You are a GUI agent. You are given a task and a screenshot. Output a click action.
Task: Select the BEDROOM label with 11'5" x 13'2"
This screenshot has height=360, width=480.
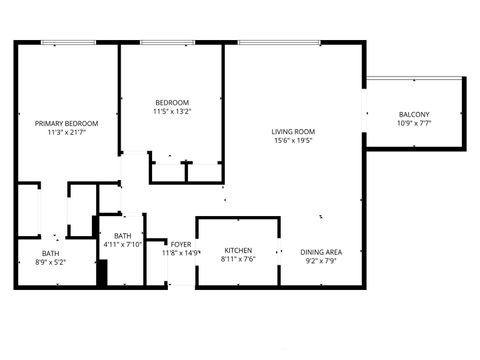(x=171, y=102)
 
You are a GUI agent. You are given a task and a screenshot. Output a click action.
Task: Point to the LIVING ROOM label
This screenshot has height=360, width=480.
(x=293, y=131)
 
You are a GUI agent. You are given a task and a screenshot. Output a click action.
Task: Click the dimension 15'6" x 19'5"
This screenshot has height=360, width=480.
(x=293, y=141)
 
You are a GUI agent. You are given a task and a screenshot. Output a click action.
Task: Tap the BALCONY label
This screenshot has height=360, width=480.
(x=413, y=114)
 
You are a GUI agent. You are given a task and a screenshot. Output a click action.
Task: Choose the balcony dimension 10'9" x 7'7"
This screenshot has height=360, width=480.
(x=413, y=124)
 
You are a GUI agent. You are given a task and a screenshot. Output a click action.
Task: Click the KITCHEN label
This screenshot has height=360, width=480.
(x=237, y=250)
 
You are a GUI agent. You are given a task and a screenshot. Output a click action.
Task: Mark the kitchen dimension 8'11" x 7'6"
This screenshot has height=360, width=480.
(x=237, y=260)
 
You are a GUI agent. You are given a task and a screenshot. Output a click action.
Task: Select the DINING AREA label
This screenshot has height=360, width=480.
(x=322, y=251)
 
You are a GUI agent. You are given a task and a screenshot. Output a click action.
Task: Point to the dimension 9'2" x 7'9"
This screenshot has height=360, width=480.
(x=322, y=261)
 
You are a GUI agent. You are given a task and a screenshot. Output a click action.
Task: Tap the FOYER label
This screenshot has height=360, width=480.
(x=181, y=244)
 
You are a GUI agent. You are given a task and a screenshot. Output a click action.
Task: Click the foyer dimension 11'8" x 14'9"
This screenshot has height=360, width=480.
(x=181, y=254)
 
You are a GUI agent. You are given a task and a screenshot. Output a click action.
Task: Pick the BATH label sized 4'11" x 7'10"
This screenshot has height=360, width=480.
(x=122, y=234)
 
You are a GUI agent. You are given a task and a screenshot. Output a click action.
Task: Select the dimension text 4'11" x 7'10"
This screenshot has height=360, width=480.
(x=122, y=243)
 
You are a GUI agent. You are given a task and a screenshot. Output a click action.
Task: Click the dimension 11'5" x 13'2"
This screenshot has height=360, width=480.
(x=171, y=112)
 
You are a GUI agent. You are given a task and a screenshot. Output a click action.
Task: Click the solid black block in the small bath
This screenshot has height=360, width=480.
(x=101, y=273)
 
